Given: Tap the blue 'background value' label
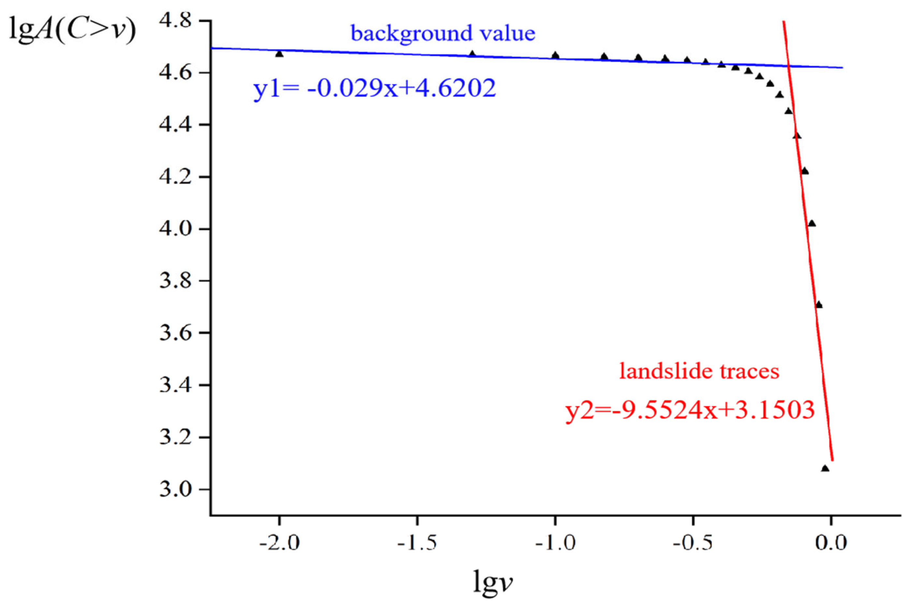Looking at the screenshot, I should tap(443, 34).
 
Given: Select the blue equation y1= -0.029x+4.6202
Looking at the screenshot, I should tap(374, 89).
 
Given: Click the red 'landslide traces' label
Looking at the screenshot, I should tap(699, 371).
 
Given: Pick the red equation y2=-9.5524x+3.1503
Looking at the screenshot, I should tap(690, 410).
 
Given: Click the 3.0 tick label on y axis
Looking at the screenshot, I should tap(176, 489).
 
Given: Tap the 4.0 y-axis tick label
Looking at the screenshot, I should tap(176, 229).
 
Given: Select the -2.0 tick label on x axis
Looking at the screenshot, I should tap(279, 543).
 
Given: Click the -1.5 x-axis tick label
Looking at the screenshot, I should tap(417, 543).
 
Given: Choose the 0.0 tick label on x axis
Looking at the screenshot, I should tap(831, 543).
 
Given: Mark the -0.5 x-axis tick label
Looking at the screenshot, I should tap(693, 543).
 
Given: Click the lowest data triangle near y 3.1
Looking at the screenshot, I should tap(825, 469).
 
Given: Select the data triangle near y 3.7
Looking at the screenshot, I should tap(819, 305).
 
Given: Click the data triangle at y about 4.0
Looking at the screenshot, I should tap(812, 223).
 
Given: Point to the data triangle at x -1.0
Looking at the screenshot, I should tap(555, 55).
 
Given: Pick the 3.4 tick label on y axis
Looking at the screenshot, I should tap(176, 385).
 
